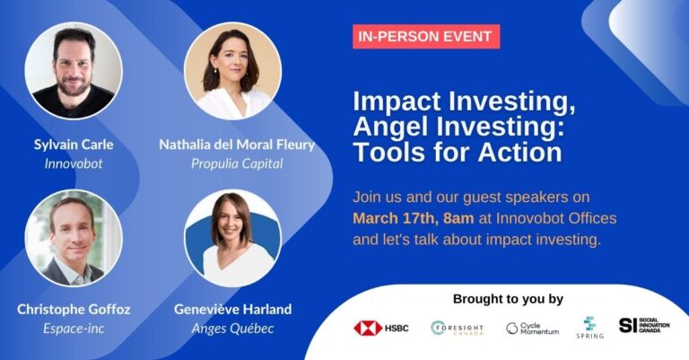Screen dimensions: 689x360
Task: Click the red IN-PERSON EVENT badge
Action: click(426, 37)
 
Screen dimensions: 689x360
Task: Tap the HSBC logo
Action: click(381, 328)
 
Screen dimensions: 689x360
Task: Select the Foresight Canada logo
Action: click(457, 328)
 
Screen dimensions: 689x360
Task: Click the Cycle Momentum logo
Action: click(532, 329)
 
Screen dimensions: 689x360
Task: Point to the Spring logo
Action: click(589, 328)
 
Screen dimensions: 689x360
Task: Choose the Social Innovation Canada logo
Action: click(644, 325)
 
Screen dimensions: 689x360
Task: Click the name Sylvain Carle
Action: click(74, 145)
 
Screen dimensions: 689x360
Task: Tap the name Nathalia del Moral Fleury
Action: click(237, 145)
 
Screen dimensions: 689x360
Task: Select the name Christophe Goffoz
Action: click(74, 310)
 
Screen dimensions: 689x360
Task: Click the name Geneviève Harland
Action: click(232, 310)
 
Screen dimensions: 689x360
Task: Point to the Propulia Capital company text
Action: click(237, 164)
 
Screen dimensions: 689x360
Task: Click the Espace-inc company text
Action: click(74, 329)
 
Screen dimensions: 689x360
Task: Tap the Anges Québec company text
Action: click(232, 329)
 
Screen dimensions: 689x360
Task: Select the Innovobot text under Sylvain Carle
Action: click(74, 163)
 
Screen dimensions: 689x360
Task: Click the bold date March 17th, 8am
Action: click(414, 218)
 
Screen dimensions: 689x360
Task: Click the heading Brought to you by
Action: click(508, 299)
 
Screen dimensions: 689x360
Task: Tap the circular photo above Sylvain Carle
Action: click(74, 70)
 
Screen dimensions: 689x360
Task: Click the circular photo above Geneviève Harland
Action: click(232, 238)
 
